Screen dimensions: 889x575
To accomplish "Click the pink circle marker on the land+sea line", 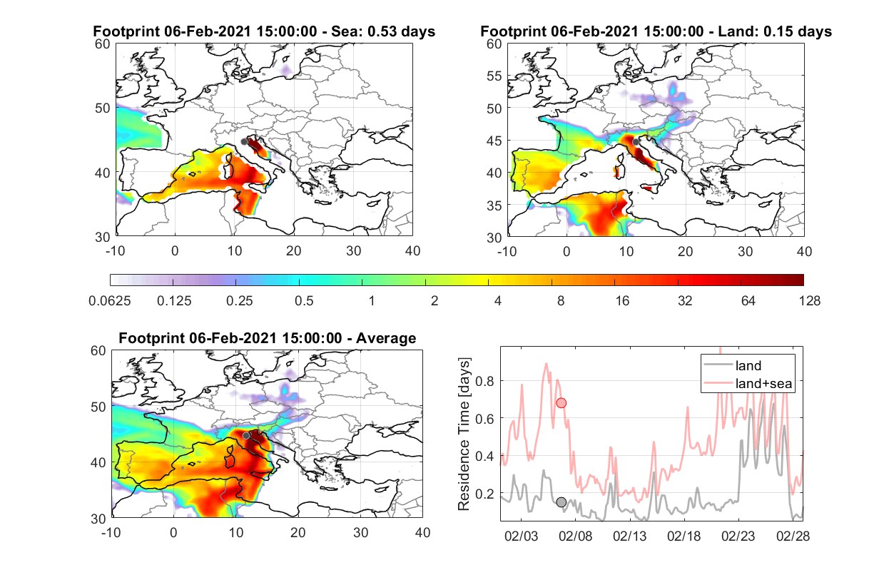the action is click(x=562, y=403).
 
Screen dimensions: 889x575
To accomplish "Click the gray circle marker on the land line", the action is click(x=562, y=502).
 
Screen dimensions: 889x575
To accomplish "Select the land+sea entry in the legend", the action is click(x=748, y=383).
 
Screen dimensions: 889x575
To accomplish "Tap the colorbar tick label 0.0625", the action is click(x=110, y=301).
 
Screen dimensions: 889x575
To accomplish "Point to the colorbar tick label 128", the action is click(x=809, y=301).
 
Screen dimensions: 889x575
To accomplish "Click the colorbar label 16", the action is click(x=622, y=301).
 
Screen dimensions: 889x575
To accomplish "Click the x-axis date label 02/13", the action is click(x=630, y=536).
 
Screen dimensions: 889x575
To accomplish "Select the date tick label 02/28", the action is click(x=793, y=536).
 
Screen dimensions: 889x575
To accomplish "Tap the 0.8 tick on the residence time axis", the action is click(x=484, y=382).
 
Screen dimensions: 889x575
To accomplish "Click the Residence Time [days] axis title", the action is click(x=464, y=434).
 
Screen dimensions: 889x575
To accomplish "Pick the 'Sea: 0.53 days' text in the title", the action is click(x=383, y=31).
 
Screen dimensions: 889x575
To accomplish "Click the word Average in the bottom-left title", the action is click(x=386, y=338).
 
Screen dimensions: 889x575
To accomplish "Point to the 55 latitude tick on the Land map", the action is click(x=494, y=76).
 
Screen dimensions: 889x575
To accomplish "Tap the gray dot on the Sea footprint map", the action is click(x=244, y=142).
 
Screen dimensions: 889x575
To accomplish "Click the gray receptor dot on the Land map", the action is click(x=636, y=142).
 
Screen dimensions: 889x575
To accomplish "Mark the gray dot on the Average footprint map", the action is click(x=246, y=436).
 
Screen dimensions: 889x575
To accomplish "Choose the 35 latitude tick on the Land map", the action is click(x=494, y=205).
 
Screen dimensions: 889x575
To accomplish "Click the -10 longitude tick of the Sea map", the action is click(x=115, y=251).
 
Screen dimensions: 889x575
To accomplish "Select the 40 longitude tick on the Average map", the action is click(x=422, y=532).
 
